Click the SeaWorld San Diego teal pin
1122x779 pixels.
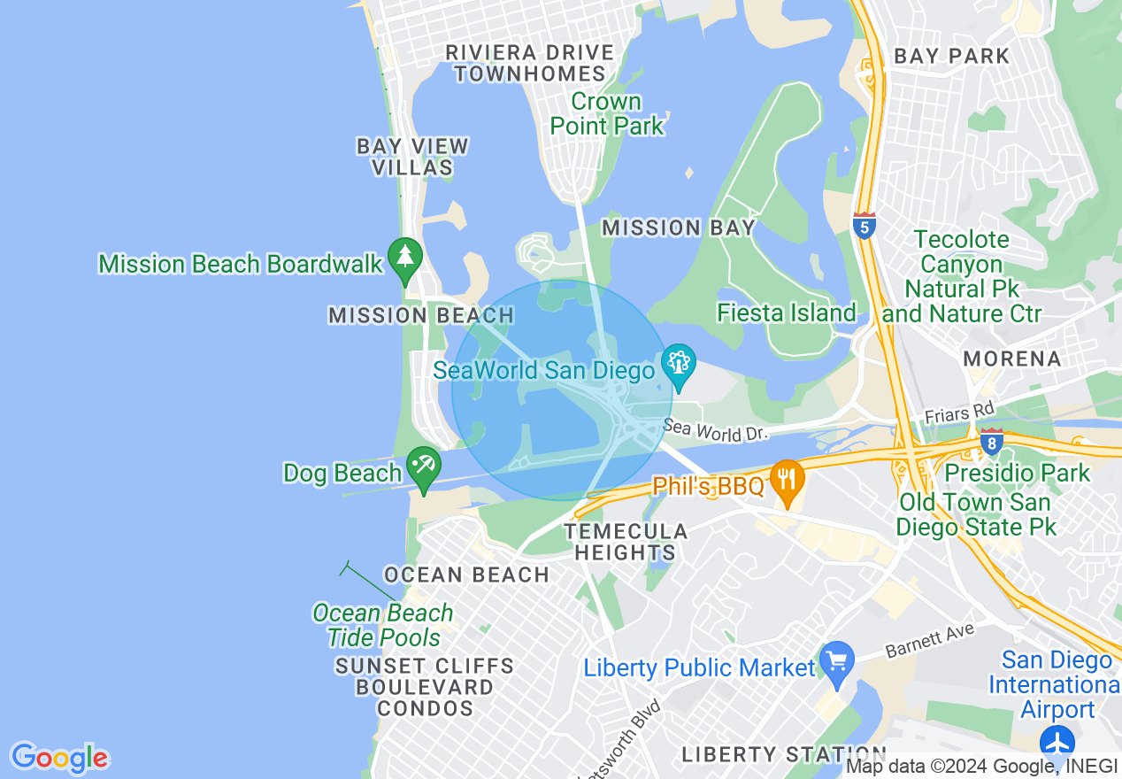[679, 364]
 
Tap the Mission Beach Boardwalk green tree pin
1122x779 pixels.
[405, 258]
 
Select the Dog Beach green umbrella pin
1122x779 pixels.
[423, 467]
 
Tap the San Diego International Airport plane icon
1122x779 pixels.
[1057, 742]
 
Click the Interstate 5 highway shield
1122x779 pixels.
[865, 226]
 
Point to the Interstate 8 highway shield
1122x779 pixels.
[992, 440]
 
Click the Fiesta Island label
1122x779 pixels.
[787, 312]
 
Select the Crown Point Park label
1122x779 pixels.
[607, 113]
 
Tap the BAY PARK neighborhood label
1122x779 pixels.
[951, 56]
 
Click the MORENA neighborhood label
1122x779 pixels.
[1012, 359]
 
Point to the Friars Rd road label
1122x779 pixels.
[959, 412]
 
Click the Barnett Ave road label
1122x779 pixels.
[929, 642]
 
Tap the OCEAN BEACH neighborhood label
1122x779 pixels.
[467, 575]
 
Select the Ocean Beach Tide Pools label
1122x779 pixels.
[383, 625]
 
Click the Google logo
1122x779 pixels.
[59, 758]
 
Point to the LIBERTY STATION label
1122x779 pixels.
[772, 754]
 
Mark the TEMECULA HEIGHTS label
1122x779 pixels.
[626, 542]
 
